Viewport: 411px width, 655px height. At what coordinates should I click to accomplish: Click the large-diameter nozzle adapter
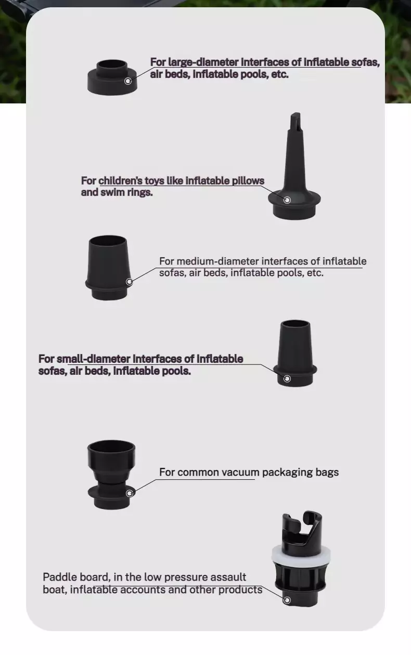click(x=112, y=77)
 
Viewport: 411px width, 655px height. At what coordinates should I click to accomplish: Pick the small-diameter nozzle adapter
click(x=295, y=353)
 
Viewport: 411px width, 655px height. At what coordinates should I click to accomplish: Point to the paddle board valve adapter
click(x=301, y=559)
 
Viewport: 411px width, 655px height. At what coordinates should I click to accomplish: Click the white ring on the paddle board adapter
click(x=301, y=554)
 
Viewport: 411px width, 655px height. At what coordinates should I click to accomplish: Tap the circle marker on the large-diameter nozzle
click(x=128, y=81)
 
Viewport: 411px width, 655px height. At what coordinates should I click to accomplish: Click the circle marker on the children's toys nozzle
click(x=287, y=200)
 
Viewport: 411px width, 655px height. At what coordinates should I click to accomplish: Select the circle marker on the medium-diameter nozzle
click(x=130, y=282)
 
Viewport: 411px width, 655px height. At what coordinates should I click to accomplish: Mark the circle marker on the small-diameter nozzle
click(x=287, y=378)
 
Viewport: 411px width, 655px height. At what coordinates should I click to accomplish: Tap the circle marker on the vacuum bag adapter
click(x=130, y=493)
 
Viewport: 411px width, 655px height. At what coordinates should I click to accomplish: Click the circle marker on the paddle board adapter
click(x=287, y=600)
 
